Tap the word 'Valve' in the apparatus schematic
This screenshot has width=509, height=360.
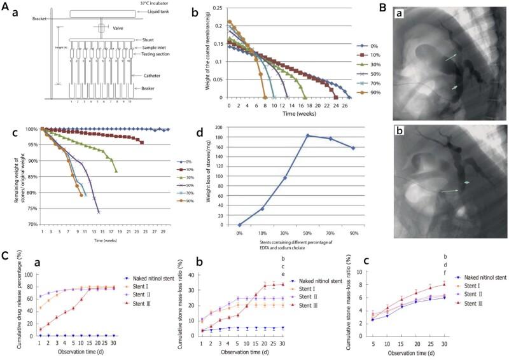point(119,28)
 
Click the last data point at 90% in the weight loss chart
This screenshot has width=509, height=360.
point(353,148)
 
